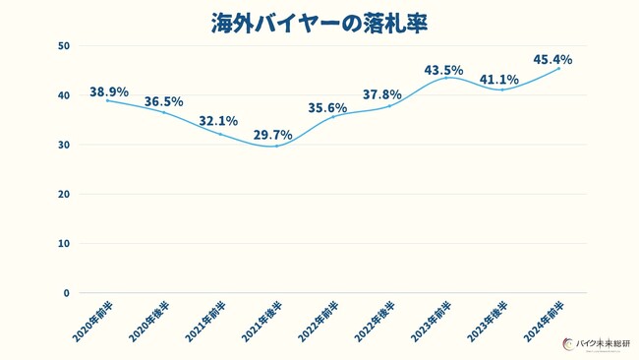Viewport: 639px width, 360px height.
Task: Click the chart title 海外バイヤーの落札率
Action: (319, 24)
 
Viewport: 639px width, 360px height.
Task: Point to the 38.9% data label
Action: (108, 91)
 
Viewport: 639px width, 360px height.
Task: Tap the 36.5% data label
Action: (163, 101)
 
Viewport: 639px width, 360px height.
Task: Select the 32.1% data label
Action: (218, 121)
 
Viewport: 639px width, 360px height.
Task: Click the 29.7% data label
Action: (273, 135)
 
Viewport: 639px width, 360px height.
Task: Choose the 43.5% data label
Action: (443, 70)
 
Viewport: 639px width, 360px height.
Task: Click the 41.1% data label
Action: (498, 80)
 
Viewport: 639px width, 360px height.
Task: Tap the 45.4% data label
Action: (552, 60)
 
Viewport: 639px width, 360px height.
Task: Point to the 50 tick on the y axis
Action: (63, 46)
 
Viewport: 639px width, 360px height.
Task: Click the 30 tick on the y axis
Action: (63, 145)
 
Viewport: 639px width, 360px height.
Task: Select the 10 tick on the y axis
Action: (63, 243)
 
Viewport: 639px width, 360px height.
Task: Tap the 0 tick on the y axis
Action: (66, 292)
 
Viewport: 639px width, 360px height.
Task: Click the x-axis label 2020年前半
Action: (92, 322)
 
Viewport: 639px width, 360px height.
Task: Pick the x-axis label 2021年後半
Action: (261, 322)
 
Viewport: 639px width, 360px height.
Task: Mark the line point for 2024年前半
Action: (558, 69)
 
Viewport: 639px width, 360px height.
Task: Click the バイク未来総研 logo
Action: (595, 343)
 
